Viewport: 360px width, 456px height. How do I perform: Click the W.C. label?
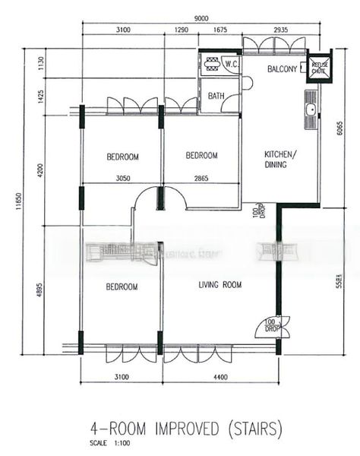232,65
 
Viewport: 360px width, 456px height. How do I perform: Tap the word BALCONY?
282,69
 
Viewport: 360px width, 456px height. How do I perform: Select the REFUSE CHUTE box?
319,68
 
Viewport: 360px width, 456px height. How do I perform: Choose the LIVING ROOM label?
219,286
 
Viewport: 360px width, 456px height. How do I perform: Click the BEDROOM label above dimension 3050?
122,157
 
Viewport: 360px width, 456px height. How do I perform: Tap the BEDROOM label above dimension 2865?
202,156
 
